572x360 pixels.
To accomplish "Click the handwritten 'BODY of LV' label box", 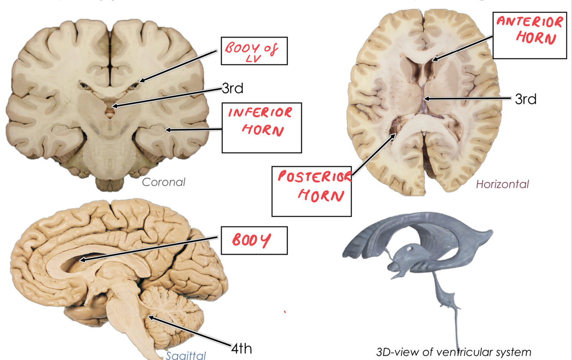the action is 254,51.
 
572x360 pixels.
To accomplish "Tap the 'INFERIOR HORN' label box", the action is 262,127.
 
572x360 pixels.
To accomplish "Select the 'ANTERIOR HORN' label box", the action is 530,35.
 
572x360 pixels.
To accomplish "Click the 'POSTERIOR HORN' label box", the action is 311,191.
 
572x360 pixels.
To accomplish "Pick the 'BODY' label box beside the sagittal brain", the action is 254,240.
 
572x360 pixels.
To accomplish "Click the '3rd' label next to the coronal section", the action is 232,88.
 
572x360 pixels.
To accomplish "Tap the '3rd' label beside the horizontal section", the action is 525,99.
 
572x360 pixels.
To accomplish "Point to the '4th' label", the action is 241,348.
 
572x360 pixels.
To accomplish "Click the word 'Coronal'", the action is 164,182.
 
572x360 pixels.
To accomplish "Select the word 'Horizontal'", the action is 503,185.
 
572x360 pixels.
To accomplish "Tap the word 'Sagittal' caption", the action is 186,355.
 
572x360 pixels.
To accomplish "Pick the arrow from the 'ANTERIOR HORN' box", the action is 463,47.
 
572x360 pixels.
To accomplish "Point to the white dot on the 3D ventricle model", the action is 410,248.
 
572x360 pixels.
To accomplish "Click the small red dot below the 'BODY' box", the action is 285,312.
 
